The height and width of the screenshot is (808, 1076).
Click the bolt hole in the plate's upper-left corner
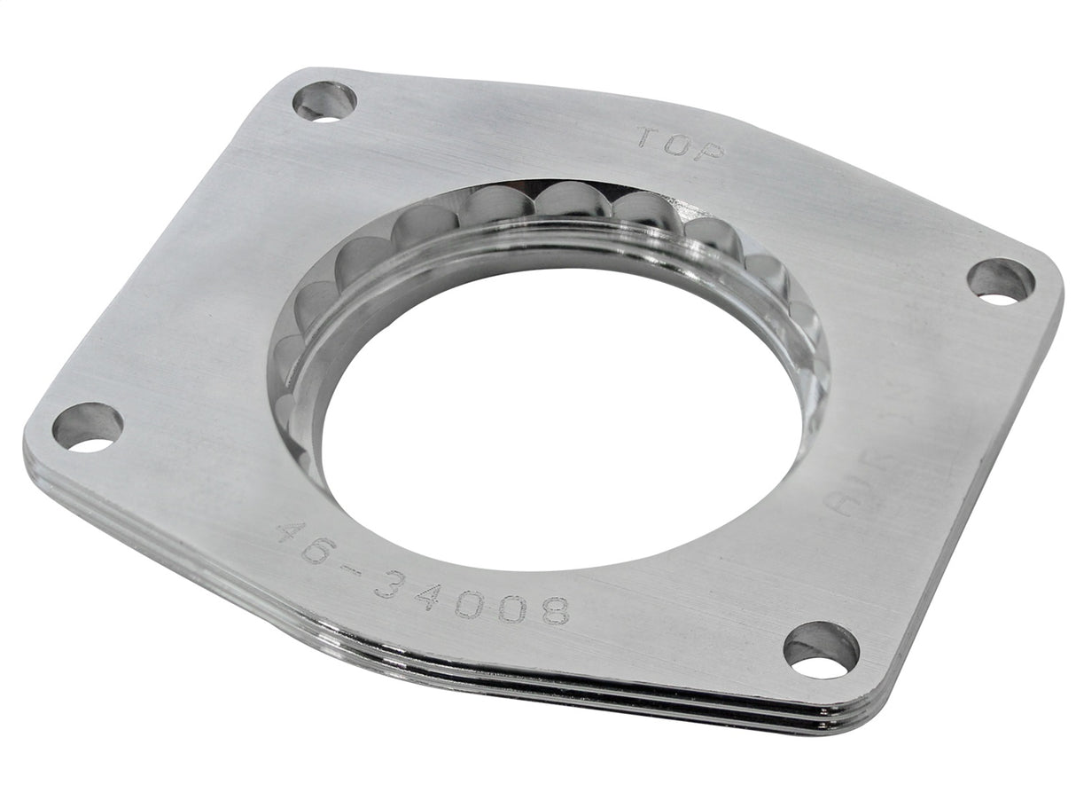(324, 100)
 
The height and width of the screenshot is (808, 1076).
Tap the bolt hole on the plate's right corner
(1000, 281)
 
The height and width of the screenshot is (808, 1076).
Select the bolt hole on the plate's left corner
(87, 427)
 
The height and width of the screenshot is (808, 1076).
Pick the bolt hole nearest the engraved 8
(821, 649)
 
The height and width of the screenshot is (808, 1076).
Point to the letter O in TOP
(678, 145)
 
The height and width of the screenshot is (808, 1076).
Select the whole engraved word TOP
(679, 145)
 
